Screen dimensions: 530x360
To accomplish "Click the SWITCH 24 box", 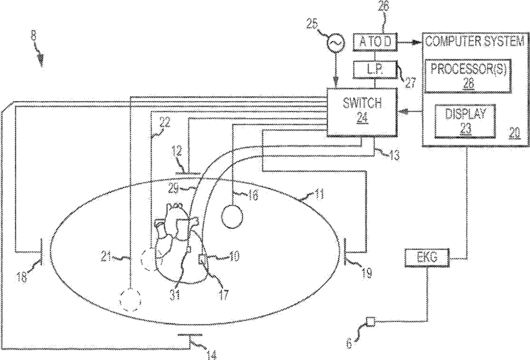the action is pos(362,112).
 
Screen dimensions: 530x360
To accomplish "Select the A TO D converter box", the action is pos(375,42).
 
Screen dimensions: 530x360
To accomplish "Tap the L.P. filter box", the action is pos(374,70).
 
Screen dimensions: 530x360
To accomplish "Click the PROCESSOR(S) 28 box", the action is pos(468,75).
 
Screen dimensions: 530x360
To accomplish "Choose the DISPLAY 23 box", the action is pos(465,121).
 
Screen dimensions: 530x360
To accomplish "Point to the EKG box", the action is pos(427,258).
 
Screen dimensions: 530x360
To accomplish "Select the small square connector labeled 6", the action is pos(371,321).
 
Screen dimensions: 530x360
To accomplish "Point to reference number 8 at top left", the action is pos(33,36).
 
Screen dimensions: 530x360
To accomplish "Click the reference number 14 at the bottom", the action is pos(211,355).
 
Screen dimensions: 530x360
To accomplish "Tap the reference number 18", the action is pos(21,278).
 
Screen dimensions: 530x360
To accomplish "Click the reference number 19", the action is pos(366,273).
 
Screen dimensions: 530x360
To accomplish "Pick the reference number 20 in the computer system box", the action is pos(514,133).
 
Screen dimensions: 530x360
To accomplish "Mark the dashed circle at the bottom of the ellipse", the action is pos(131,299).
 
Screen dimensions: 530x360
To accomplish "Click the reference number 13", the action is pos(393,155).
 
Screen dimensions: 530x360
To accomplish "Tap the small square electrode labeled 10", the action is pos(203,260).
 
